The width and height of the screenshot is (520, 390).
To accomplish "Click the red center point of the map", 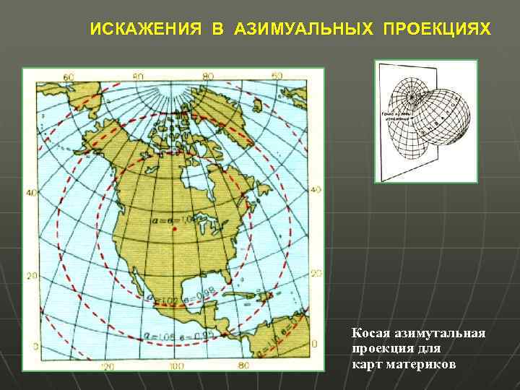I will (175, 230).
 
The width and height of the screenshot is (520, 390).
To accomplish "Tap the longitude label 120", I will (108, 366).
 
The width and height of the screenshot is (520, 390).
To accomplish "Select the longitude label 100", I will (174, 366).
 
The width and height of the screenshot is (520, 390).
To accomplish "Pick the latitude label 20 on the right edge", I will (316, 273).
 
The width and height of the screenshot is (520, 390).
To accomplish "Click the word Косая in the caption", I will (370, 334).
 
